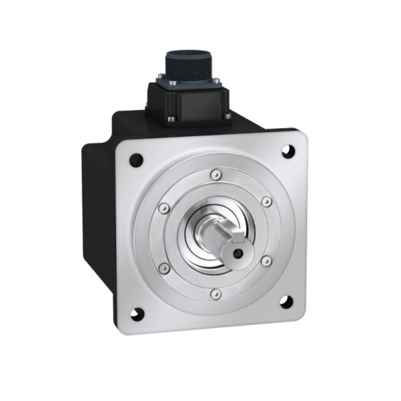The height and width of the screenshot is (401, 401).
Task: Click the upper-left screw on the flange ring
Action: [164, 208]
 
